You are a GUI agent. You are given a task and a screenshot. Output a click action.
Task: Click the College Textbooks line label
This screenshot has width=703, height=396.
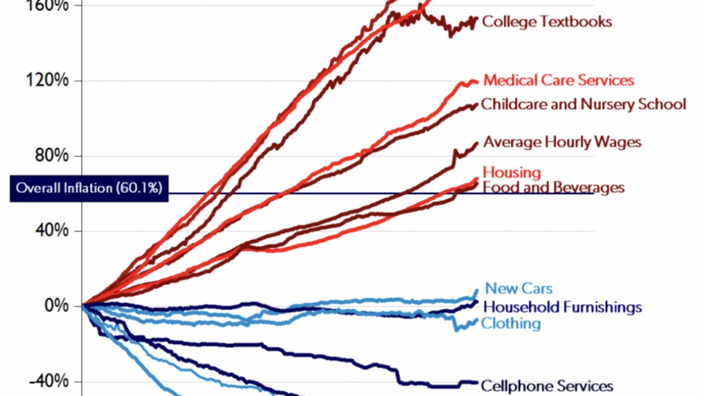pyautogui.click(x=546, y=22)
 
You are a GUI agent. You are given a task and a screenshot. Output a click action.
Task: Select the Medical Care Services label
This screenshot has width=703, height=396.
pyautogui.click(x=559, y=80)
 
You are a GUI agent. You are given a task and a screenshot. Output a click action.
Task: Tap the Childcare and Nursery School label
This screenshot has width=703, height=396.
pyautogui.click(x=583, y=104)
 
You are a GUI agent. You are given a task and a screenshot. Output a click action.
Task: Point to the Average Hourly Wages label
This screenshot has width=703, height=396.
pyautogui.click(x=562, y=142)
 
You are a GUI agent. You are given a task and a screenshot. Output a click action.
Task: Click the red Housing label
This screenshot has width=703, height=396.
pyautogui.click(x=512, y=172)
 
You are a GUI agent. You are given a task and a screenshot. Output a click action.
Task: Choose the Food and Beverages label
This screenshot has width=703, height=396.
pyautogui.click(x=553, y=188)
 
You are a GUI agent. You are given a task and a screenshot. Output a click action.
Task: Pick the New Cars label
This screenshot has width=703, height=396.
pyautogui.click(x=519, y=288)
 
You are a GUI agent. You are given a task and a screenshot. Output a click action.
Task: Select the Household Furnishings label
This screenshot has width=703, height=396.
pyautogui.click(x=562, y=306)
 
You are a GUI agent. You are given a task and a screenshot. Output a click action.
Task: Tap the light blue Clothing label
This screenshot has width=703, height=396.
pyautogui.click(x=511, y=323)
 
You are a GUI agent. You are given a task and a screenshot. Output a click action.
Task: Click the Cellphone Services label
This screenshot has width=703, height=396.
pyautogui.click(x=546, y=386)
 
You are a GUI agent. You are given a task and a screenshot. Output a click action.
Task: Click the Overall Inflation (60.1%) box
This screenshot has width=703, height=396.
pyautogui.click(x=89, y=188)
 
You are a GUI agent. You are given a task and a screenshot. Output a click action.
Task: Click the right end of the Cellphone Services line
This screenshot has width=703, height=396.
pyautogui.click(x=477, y=382)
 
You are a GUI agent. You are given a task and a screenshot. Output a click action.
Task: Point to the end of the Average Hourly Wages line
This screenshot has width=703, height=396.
pyautogui.click(x=477, y=143)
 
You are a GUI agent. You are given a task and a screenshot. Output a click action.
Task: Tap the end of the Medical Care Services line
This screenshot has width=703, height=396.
pyautogui.click(x=477, y=82)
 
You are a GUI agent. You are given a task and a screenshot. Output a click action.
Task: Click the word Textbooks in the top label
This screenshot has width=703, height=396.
pyautogui.click(x=577, y=22)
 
